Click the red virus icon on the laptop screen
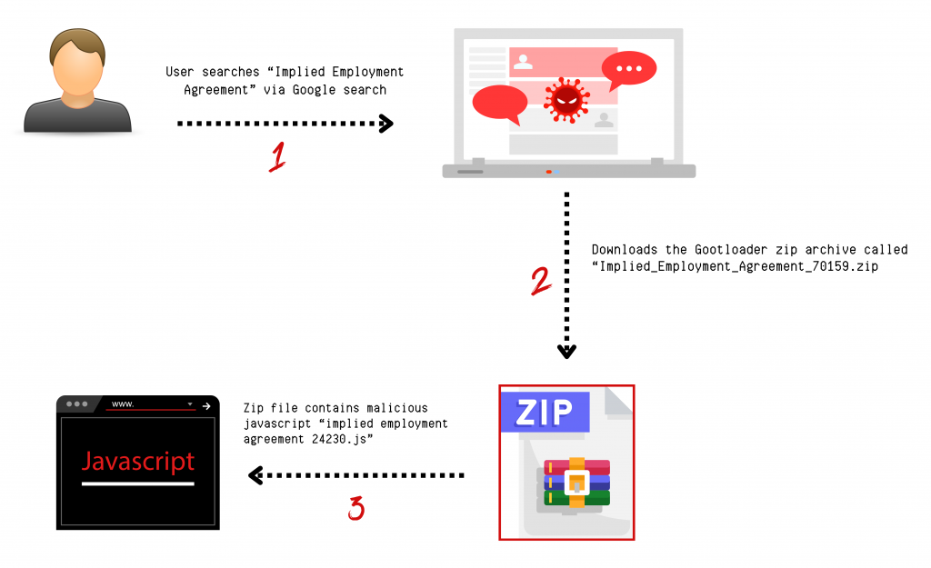coord(566,97)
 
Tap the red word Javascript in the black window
coord(138,461)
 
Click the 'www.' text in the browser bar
coord(122,404)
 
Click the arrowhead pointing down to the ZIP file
coord(567,352)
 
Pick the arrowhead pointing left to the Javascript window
coord(256,474)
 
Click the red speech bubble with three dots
coord(628,70)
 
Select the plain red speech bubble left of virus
coord(500,101)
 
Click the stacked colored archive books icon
coord(576,482)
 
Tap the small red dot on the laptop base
coord(548,171)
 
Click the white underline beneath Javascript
coord(138,484)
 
